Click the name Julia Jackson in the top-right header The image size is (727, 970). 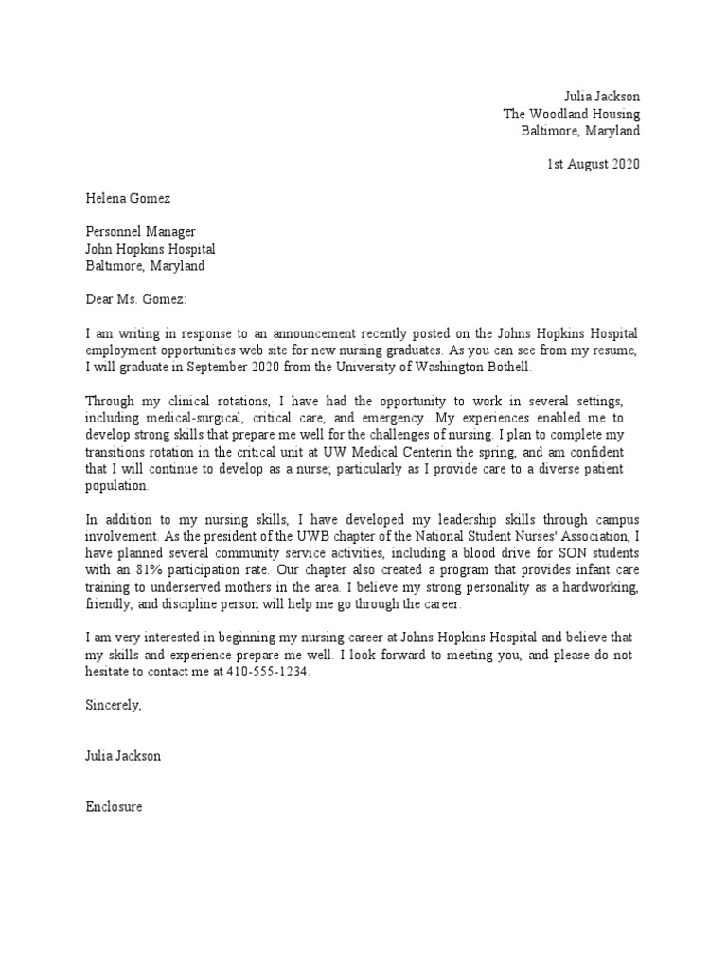click(601, 97)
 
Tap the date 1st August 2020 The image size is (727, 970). click(594, 164)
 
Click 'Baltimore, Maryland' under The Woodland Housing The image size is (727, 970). click(580, 131)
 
